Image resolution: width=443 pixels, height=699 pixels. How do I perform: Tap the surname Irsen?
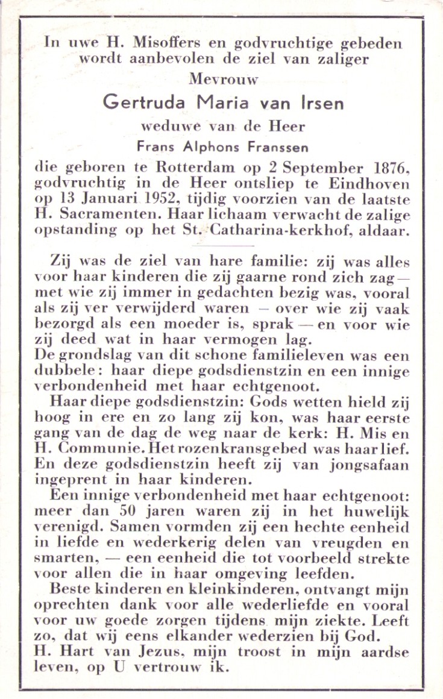(321, 102)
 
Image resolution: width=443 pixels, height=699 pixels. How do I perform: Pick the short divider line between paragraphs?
(224, 246)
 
